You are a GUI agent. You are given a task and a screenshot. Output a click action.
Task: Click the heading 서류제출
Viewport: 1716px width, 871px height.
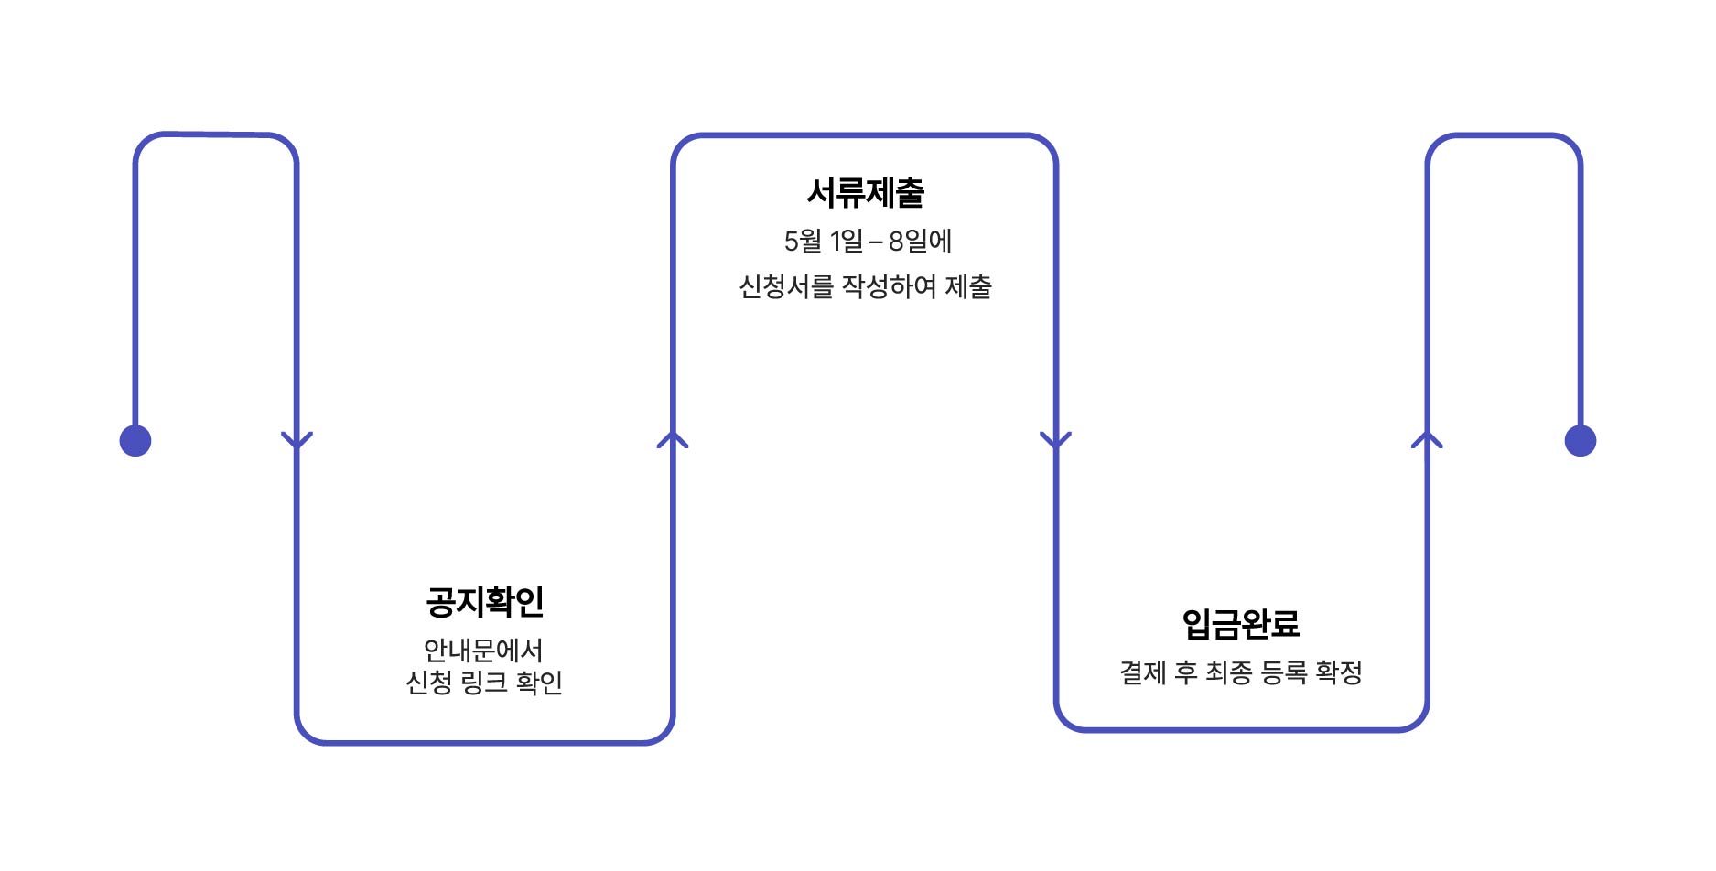tap(865, 192)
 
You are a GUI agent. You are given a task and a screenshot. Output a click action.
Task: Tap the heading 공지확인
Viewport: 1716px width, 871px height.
tap(484, 601)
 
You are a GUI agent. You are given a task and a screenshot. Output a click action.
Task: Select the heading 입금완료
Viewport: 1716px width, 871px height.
tap(1240, 624)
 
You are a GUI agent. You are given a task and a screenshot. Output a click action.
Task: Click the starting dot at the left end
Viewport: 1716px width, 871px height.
tap(135, 441)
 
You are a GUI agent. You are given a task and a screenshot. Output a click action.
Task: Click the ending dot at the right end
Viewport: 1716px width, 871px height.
tap(1580, 441)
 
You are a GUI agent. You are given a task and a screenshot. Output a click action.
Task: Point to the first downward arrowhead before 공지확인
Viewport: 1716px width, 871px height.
tap(297, 440)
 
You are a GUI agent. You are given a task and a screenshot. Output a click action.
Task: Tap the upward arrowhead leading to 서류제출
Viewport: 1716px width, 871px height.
tap(673, 440)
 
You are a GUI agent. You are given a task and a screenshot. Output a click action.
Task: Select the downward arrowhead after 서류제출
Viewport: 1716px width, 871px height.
tap(1055, 440)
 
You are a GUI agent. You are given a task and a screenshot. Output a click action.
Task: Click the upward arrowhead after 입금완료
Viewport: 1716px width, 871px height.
tap(1427, 440)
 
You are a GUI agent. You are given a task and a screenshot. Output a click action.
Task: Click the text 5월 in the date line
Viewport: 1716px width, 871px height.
tap(803, 242)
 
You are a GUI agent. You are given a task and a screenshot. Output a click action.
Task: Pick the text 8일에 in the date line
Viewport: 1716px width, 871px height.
tap(920, 242)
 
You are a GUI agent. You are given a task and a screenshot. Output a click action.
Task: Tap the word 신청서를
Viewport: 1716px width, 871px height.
tap(786, 287)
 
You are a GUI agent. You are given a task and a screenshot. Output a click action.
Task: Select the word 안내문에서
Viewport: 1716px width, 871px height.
tap(483, 651)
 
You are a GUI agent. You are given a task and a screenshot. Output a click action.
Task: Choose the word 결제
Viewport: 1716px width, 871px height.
tap(1142, 673)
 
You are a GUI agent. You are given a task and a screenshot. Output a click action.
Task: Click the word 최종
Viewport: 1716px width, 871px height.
tap(1228, 673)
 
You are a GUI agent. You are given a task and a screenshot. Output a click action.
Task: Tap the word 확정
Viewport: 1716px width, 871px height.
tap(1338, 673)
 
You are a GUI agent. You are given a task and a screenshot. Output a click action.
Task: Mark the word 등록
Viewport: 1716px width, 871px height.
tap(1283, 673)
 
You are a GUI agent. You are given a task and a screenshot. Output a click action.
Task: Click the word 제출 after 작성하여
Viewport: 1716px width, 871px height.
tap(968, 287)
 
